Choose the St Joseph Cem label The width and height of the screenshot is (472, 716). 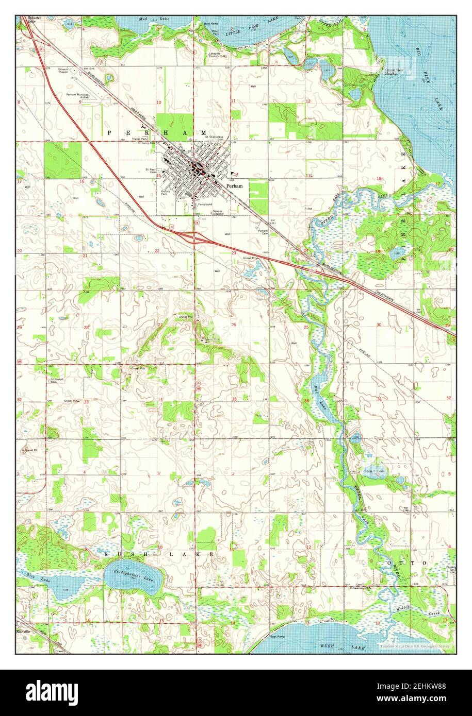(x=56, y=382)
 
